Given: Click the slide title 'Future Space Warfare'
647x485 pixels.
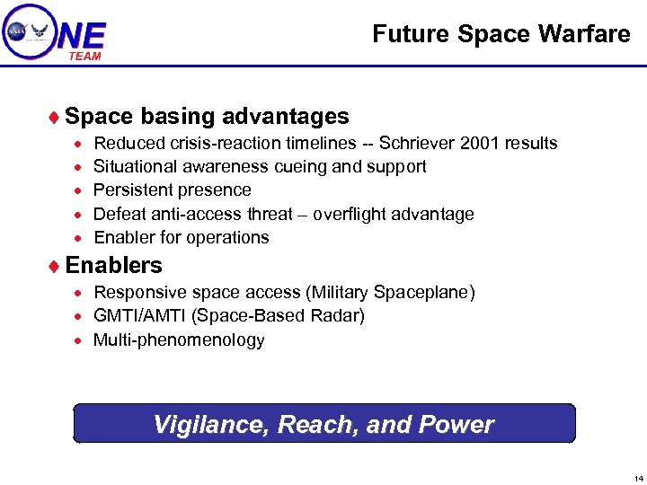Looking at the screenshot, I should tap(501, 34).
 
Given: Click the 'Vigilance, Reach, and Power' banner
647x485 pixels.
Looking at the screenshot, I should tap(323, 424).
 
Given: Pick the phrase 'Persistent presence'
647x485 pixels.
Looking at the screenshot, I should tap(173, 190).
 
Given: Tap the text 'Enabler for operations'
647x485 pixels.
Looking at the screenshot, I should tap(182, 238).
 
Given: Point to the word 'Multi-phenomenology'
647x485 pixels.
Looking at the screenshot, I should tap(179, 340).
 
